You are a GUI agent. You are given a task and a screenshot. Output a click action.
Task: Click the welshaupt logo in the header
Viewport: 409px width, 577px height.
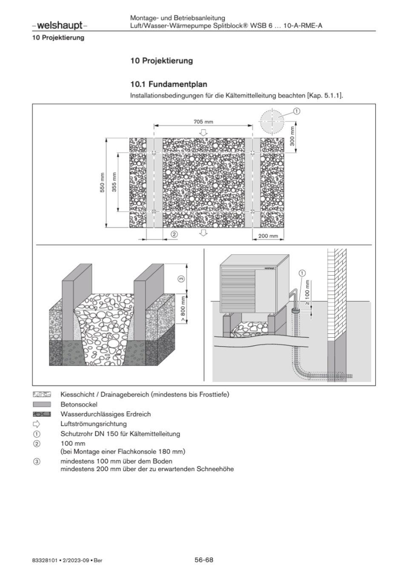[x=60, y=25]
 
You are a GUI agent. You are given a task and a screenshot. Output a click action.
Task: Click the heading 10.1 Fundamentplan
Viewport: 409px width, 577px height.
[x=169, y=84]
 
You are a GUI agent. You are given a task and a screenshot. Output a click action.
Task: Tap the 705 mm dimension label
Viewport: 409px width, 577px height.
[x=203, y=122]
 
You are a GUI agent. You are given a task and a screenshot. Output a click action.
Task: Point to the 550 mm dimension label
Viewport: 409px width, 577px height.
[x=103, y=182]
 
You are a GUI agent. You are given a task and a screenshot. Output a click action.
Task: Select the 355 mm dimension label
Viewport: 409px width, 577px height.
[x=114, y=182]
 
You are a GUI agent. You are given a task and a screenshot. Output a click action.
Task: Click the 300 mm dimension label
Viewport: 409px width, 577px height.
[x=292, y=136]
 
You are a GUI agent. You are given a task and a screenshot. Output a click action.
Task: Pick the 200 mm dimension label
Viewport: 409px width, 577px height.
[x=268, y=236]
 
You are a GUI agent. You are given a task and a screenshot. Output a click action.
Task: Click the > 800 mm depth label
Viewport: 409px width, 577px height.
[x=183, y=309]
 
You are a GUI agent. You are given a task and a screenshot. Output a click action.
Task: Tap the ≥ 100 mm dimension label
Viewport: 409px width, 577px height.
[x=307, y=293]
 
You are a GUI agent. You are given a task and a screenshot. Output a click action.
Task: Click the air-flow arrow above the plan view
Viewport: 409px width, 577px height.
[x=204, y=133]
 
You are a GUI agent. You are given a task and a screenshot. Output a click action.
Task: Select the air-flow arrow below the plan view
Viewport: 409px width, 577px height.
[x=204, y=233]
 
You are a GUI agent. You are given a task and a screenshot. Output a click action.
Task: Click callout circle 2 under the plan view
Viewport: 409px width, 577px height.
[x=174, y=234]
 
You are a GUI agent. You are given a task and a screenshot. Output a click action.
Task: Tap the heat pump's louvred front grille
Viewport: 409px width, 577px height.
[x=237, y=290]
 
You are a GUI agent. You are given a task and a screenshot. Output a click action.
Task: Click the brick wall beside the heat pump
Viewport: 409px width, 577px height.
[x=337, y=294]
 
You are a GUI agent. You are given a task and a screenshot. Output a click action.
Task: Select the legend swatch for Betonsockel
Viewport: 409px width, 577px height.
[x=42, y=404]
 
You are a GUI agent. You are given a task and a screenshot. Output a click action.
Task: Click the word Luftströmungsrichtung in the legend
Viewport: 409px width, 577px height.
[x=94, y=424]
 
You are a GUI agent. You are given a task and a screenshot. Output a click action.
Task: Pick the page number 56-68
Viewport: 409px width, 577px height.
[x=204, y=560]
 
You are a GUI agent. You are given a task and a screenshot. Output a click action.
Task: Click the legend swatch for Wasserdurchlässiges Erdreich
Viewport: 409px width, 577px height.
[x=42, y=414]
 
